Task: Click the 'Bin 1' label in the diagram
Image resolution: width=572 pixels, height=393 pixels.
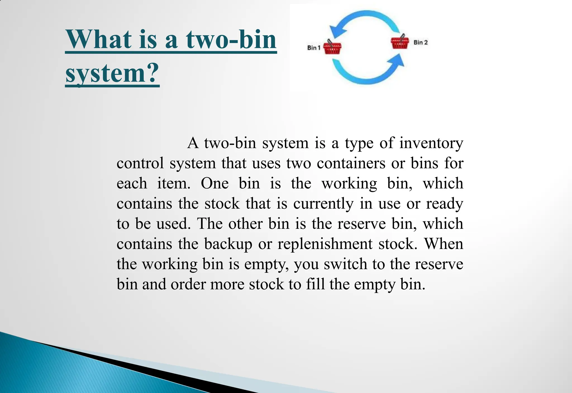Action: (314, 48)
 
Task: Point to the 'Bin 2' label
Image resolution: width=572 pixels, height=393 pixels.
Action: (421, 43)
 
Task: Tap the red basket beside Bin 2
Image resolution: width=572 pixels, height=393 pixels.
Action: (400, 43)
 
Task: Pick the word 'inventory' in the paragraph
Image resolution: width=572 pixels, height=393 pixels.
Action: (431, 143)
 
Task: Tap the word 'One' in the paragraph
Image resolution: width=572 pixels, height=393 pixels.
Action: (215, 184)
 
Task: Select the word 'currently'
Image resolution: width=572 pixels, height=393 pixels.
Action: (323, 204)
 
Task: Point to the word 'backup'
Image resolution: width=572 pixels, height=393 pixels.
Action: (228, 244)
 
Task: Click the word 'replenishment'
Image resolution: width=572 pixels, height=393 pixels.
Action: (325, 244)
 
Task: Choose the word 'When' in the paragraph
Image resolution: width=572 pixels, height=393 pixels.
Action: (444, 244)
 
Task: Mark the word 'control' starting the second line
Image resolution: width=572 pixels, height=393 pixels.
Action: (140, 163)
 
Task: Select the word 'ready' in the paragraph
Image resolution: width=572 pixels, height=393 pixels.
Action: (444, 204)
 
